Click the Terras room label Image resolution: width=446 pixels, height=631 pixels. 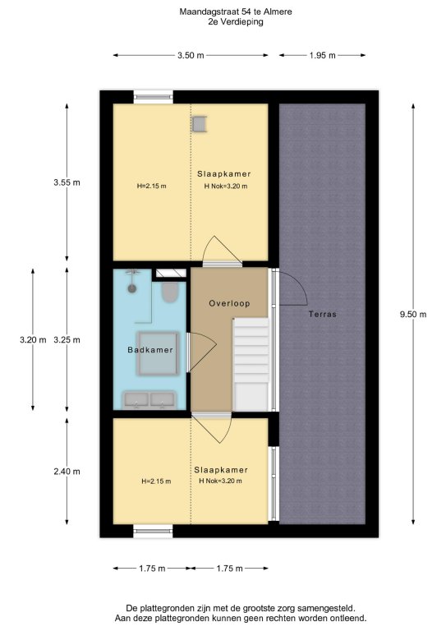tap(323, 315)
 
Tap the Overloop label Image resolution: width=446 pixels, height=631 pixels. tap(229, 303)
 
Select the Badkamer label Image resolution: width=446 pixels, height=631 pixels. tap(150, 350)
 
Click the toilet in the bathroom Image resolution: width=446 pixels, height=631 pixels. tap(170, 292)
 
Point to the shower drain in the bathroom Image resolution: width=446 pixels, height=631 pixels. tap(132, 288)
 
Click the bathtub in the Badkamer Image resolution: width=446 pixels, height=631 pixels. tap(158, 353)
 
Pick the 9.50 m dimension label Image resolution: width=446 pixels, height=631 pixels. tap(413, 315)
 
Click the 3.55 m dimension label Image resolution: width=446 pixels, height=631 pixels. tap(67, 182)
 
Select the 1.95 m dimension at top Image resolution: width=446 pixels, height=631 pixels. tap(323, 56)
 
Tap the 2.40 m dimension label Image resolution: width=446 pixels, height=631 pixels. tap(67, 472)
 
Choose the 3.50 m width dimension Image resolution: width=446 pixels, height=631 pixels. tap(191, 56)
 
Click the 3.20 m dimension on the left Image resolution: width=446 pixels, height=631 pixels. tap(33, 339)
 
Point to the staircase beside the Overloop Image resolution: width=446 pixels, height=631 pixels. tap(251, 364)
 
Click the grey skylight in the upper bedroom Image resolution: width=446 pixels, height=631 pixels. tap(199, 124)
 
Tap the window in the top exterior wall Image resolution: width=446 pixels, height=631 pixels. tap(154, 97)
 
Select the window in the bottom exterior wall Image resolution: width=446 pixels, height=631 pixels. tap(154, 532)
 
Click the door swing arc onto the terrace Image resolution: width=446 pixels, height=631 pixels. tap(301, 283)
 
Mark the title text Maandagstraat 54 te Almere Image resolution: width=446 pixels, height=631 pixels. tap(236, 12)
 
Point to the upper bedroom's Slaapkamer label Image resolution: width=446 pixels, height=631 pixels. tap(224, 174)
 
